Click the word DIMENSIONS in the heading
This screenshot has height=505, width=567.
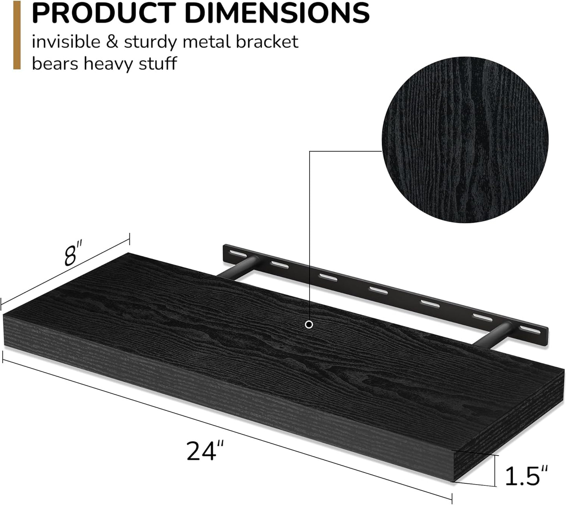click(277, 13)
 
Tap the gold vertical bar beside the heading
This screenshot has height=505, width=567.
click(17, 37)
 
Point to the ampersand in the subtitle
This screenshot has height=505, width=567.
click(112, 42)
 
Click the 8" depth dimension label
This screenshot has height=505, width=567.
click(73, 256)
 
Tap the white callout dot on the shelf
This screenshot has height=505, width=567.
click(309, 324)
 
